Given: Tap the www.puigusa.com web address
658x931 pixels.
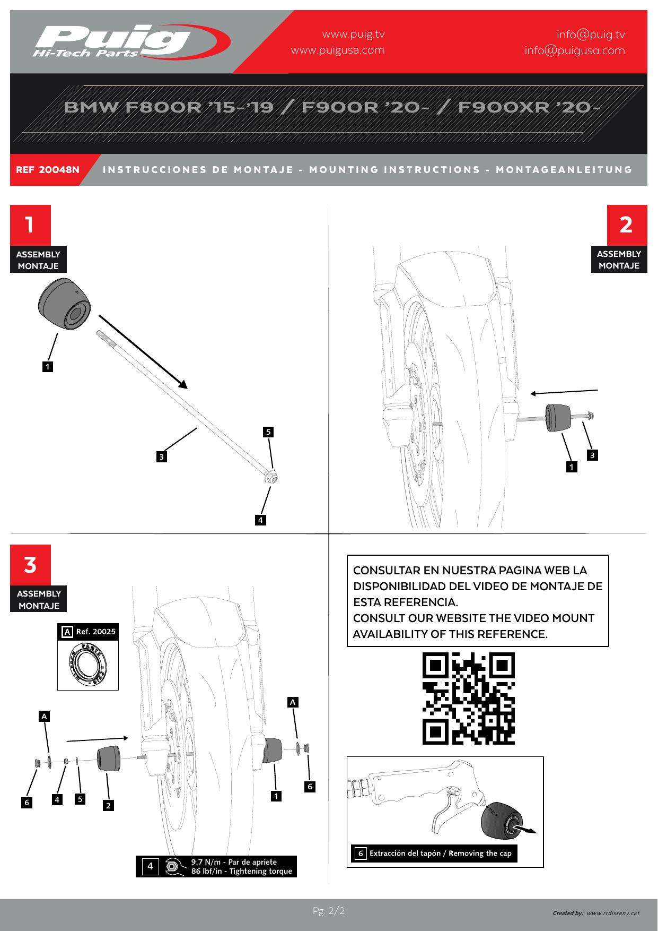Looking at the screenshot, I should coord(338,50).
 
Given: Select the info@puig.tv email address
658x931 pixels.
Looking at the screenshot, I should coord(590,35).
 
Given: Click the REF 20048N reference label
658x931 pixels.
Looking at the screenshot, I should coord(48,170).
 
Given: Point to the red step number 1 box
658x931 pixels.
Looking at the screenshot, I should coord(30,225).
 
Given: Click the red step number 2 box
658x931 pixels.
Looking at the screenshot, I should coord(627,225).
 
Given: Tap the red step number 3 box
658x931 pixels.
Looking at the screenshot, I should coord(30,565).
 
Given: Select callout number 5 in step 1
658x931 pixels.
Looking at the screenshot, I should coord(268,432).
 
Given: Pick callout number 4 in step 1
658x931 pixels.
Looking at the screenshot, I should coord(260,520).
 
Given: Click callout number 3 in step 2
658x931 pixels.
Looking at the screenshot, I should coord(592,455).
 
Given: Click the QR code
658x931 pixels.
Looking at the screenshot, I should coord(468,698).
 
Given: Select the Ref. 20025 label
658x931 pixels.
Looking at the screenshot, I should coord(95,632).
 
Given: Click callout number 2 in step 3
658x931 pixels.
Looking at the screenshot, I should coord(108,805).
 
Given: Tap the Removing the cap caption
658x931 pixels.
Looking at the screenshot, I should coord(440,854).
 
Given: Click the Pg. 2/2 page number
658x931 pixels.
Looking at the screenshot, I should coord(329,911).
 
